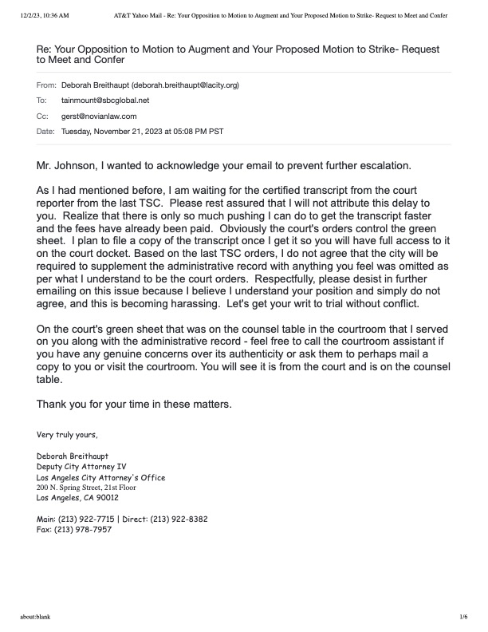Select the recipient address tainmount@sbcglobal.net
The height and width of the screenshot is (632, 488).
coord(105,101)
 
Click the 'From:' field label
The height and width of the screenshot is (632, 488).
coord(46,85)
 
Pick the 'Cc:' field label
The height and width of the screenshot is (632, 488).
coord(43,116)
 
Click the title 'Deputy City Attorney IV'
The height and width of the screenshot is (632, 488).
coord(82,467)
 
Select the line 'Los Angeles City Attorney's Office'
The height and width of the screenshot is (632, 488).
coord(101,477)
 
